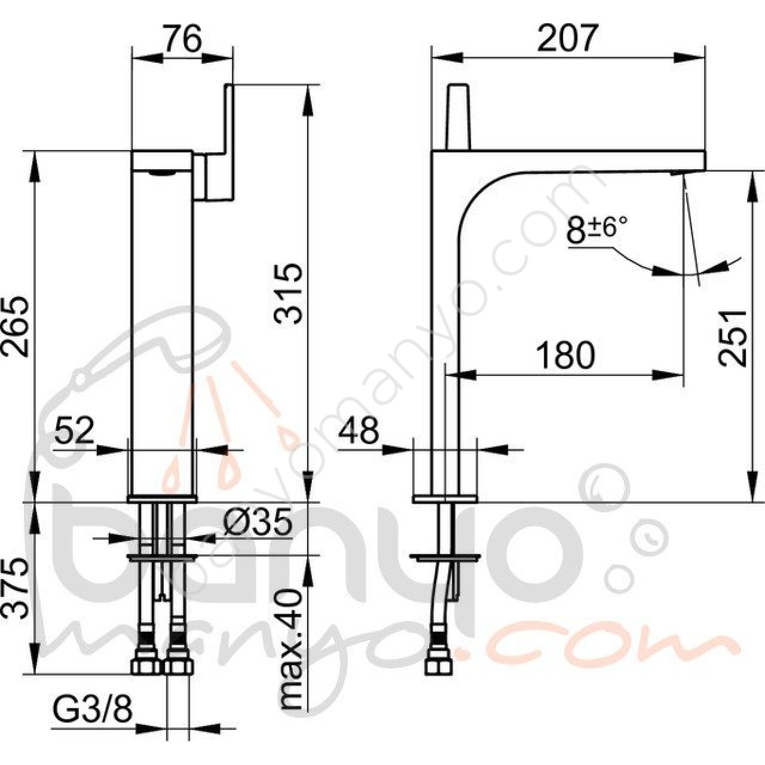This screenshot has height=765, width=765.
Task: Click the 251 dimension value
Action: [x=733, y=338]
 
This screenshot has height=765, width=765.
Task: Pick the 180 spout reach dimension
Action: [x=565, y=355]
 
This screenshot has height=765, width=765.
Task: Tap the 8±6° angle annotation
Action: [x=596, y=229]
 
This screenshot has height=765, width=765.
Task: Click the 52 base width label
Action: [x=74, y=430]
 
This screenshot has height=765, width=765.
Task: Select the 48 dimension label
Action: [x=359, y=430]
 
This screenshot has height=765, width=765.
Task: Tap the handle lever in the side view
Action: [x=458, y=117]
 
